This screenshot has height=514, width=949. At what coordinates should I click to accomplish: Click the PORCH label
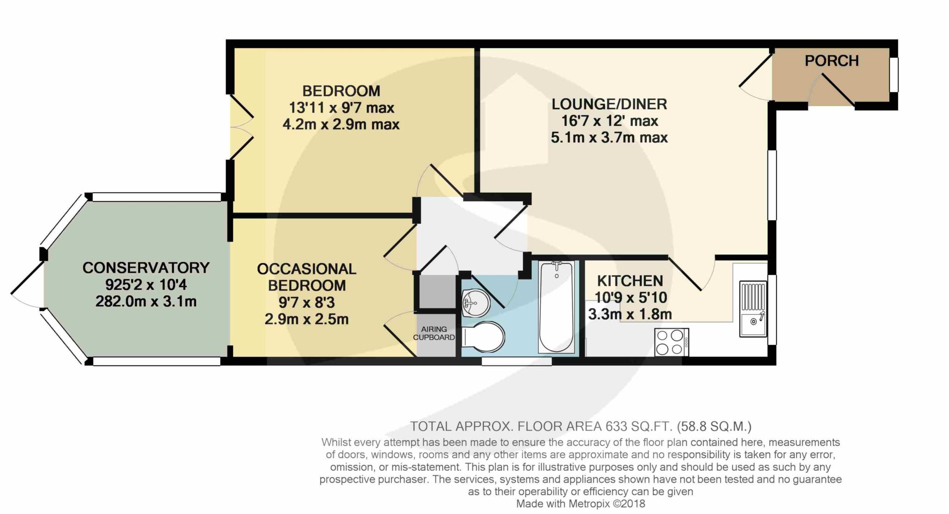click(832, 61)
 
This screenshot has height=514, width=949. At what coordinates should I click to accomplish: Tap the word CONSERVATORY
click(146, 268)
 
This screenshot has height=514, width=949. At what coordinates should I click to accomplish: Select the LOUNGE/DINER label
click(609, 104)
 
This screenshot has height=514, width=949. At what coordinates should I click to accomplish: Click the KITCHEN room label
click(630, 281)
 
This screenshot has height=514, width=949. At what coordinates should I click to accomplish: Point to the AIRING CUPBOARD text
click(434, 333)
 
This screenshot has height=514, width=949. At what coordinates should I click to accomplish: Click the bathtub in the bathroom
click(556, 307)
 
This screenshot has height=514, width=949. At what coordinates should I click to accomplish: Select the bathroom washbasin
click(476, 302)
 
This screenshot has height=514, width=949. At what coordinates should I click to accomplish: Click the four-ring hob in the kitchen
click(671, 342)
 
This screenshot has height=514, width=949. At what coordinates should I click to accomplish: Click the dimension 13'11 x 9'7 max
click(342, 108)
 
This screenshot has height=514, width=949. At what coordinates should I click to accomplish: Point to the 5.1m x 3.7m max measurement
click(609, 138)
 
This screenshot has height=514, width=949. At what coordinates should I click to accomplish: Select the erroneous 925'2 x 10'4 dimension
click(146, 285)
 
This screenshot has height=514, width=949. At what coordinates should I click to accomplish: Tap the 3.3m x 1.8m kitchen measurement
click(630, 314)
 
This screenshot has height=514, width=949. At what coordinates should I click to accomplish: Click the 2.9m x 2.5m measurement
click(307, 319)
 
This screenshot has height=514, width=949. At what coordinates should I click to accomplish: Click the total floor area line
click(581, 426)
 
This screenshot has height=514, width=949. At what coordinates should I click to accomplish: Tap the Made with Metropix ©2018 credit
click(581, 503)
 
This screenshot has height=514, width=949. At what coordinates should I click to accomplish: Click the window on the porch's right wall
click(894, 75)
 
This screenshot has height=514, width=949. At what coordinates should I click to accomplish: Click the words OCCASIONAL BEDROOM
click(307, 277)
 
